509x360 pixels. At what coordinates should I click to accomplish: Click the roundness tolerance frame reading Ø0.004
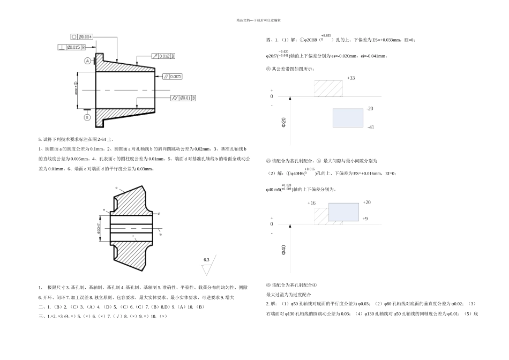click(83, 37)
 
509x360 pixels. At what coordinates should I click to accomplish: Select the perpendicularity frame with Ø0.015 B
click(72, 48)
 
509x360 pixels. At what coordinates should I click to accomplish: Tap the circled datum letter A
click(87, 61)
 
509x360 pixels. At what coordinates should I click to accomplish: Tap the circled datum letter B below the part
click(87, 117)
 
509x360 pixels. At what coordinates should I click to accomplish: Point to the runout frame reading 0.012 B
click(163, 56)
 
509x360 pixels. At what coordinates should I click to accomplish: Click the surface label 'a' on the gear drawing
click(116, 187)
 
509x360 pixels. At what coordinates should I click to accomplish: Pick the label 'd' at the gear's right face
click(159, 213)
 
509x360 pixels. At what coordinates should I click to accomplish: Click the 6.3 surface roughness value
click(206, 260)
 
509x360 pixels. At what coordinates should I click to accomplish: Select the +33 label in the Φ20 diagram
click(351, 78)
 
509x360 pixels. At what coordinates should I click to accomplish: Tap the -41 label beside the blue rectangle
click(370, 127)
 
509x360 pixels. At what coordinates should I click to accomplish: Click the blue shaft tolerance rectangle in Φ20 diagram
click(347, 118)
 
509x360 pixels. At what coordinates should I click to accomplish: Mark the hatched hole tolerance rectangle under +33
click(328, 88)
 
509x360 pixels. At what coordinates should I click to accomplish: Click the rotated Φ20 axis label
click(283, 123)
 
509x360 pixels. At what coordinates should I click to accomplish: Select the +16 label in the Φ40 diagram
click(312, 204)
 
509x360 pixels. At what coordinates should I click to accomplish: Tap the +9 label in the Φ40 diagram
click(365, 219)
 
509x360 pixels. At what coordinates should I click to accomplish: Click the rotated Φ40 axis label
click(283, 250)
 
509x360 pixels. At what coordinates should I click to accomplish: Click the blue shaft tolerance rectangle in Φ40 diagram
click(343, 212)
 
